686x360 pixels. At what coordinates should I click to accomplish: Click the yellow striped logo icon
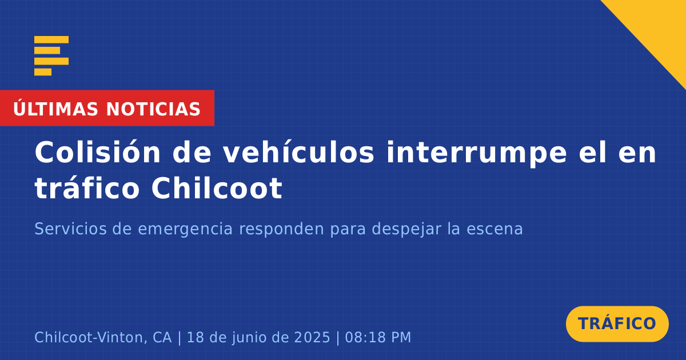51,56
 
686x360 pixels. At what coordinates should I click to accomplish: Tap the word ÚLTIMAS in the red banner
55,108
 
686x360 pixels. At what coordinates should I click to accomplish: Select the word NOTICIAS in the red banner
153,109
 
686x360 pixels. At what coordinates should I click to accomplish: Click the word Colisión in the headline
97,152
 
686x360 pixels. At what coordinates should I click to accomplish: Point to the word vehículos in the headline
298,152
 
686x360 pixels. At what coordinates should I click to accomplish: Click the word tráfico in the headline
87,187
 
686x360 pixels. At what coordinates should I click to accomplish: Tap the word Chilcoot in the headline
217,187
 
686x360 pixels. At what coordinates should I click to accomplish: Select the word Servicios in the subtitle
70,229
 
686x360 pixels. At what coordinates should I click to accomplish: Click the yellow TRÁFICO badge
617,324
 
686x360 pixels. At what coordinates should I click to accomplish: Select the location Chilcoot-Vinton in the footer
89,337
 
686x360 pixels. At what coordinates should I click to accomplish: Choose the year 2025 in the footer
312,337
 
